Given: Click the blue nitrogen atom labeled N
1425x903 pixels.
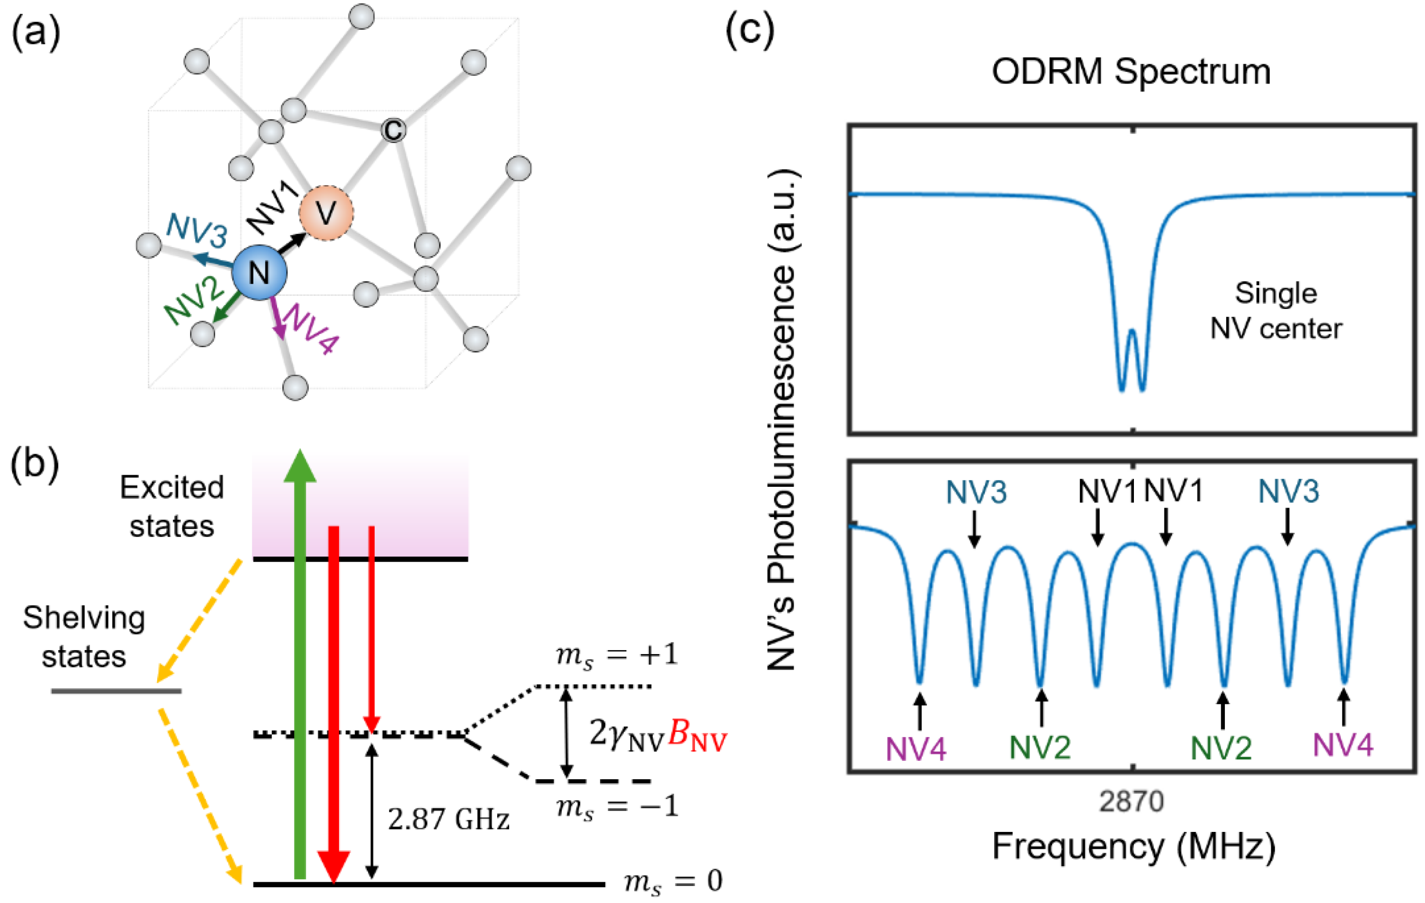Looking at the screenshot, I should pyautogui.click(x=259, y=273).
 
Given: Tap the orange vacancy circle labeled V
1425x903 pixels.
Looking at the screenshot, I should pyautogui.click(x=326, y=212).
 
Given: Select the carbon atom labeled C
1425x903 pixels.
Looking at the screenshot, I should pyautogui.click(x=394, y=130).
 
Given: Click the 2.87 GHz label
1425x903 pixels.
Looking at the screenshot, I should pyautogui.click(x=449, y=819).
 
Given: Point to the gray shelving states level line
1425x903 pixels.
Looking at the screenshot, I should pyautogui.click(x=116, y=691).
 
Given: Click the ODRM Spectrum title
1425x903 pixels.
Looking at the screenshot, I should pyautogui.click(x=1131, y=72).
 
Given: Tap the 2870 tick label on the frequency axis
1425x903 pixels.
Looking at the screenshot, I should pyautogui.click(x=1131, y=802).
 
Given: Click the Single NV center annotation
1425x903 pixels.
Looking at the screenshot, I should pyautogui.click(x=1276, y=311).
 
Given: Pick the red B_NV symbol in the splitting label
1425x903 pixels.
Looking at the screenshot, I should pyautogui.click(x=697, y=736).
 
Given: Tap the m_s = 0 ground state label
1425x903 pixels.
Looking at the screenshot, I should pyautogui.click(x=674, y=881).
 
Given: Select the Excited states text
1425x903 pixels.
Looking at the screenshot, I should pyautogui.click(x=172, y=507).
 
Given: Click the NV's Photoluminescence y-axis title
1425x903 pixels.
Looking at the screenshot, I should pyautogui.click(x=782, y=420).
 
